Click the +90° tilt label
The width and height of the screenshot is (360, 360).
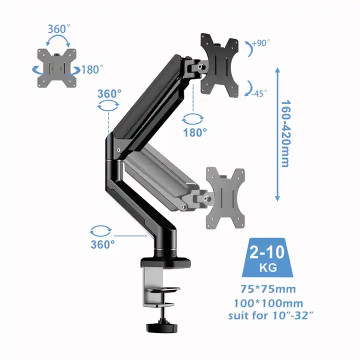pyautogui.click(x=261, y=43)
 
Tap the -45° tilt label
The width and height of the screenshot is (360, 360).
pyautogui.click(x=259, y=93)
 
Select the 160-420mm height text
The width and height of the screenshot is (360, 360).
pyautogui.click(x=285, y=133)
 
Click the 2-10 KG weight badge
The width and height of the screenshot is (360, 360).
pyautogui.click(x=267, y=257)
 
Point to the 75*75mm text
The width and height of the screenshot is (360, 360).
pyautogui.click(x=268, y=289)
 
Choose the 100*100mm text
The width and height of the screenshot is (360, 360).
pyautogui.click(x=268, y=303)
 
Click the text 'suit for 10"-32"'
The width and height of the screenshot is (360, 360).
pyautogui.click(x=270, y=315)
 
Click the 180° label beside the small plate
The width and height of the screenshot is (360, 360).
pyautogui.click(x=92, y=69)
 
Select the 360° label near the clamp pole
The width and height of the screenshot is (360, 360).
pyautogui.click(x=102, y=244)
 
